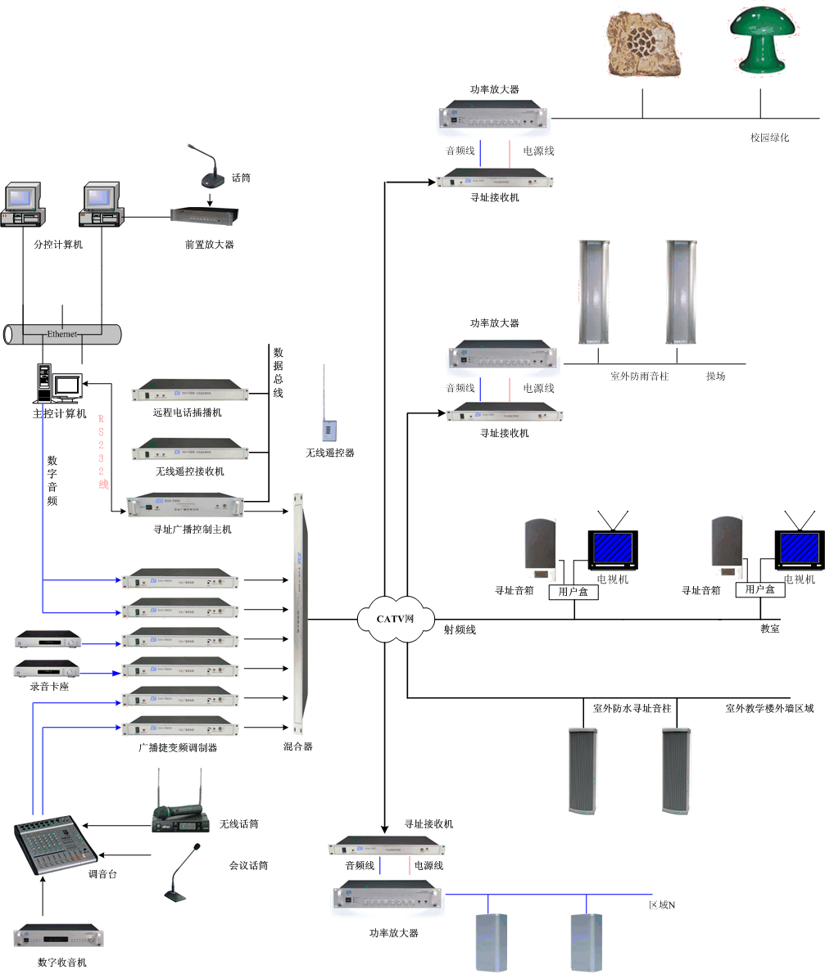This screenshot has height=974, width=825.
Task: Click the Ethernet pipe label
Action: [x=62, y=334]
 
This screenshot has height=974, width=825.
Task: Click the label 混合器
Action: [x=297, y=746]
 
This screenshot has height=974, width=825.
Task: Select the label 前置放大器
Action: [x=209, y=244]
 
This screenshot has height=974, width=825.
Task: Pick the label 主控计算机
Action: [x=59, y=413]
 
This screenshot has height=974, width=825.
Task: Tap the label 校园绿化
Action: [x=769, y=138]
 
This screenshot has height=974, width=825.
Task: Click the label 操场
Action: [x=715, y=377]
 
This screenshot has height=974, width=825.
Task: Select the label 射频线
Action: [x=460, y=629]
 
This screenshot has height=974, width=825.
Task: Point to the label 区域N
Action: [x=661, y=904]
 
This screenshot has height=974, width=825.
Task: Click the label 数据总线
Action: [x=278, y=372]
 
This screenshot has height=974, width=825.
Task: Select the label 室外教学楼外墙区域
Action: [x=769, y=708]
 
